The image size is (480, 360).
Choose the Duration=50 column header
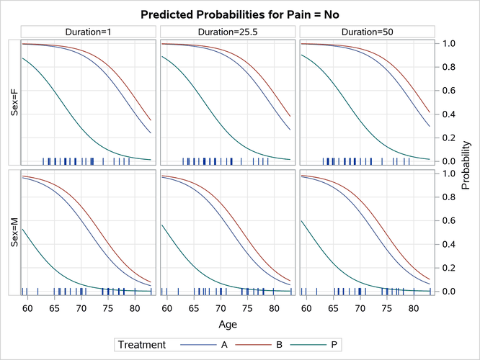click(x=367, y=31)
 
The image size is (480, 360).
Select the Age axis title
click(x=228, y=325)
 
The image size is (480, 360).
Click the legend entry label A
click(x=225, y=346)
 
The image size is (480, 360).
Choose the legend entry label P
click(x=333, y=346)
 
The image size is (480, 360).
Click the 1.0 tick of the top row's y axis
click(x=449, y=43)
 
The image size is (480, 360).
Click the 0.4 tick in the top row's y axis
click(x=449, y=114)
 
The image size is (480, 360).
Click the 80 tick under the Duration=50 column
click(x=414, y=308)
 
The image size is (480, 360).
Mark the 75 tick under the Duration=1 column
click(x=108, y=308)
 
